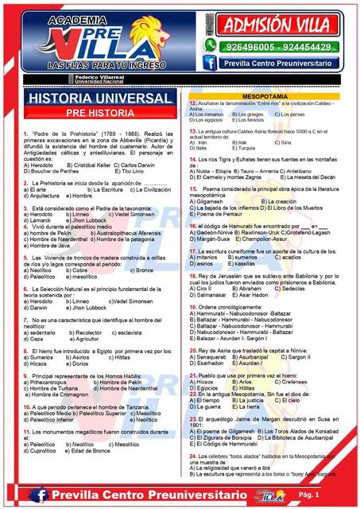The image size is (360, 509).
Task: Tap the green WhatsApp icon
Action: click(210, 46)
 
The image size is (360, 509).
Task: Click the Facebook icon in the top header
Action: click(209, 63)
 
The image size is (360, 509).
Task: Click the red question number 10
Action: click(27, 407)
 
